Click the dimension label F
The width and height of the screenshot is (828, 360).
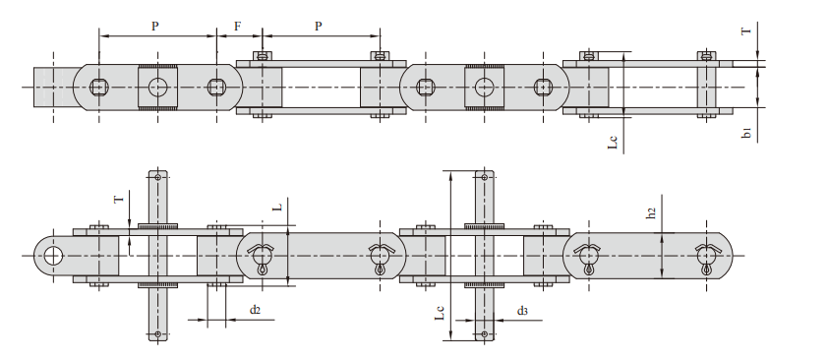(x=238, y=27)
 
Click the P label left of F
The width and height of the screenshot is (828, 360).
(x=155, y=27)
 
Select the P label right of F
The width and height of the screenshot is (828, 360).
(x=319, y=27)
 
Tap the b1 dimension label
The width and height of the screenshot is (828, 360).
(x=746, y=133)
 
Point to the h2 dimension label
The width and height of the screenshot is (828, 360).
(x=652, y=212)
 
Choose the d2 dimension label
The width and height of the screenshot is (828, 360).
(x=255, y=310)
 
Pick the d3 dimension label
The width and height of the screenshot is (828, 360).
(x=522, y=311)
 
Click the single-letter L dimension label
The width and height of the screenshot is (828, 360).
(x=280, y=206)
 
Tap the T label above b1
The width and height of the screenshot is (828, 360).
(x=746, y=31)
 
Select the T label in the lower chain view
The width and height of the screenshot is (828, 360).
(x=119, y=199)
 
